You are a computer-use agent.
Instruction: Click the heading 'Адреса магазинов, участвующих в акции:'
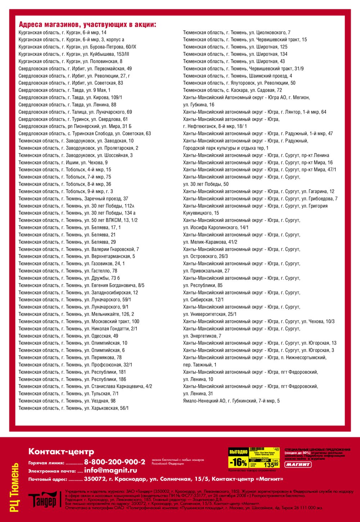click(x=87, y=25)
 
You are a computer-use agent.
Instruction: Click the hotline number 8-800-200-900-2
click(x=114, y=462)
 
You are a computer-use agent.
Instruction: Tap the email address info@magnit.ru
click(x=111, y=470)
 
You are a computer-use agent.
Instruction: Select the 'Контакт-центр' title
click(x=61, y=451)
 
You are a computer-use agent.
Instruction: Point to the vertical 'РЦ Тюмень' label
click(x=14, y=487)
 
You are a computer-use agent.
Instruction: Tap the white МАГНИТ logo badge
click(x=298, y=464)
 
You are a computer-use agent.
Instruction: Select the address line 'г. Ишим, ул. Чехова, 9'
click(x=63, y=163)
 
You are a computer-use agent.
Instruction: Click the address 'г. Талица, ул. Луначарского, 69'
click(x=75, y=112)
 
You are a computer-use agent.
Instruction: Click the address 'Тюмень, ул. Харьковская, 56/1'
click(x=73, y=408)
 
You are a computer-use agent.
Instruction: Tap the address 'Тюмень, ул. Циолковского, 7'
click(x=237, y=32)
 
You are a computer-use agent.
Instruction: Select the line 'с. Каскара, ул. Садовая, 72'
click(x=233, y=90)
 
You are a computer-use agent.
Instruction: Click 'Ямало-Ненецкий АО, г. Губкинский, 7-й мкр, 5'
click(x=231, y=401)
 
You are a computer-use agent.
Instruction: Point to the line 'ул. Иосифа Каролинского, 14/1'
click(x=216, y=227)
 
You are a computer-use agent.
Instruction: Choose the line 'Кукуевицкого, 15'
click(x=201, y=213)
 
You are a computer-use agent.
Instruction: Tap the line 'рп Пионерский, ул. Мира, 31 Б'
click(x=75, y=126)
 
